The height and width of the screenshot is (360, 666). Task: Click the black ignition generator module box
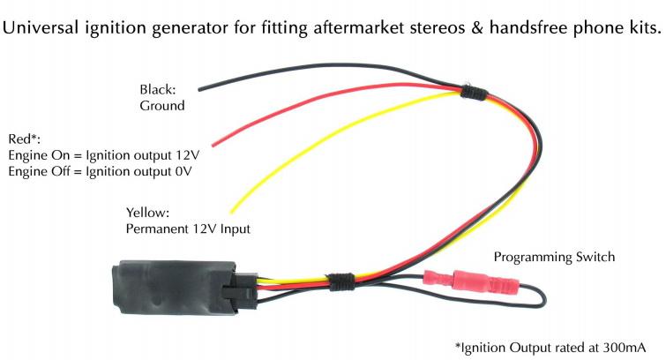point(173,288)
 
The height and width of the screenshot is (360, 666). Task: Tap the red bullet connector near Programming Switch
point(471,281)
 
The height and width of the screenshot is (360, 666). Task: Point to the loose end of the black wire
point(199,89)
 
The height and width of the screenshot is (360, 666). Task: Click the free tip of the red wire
point(213,146)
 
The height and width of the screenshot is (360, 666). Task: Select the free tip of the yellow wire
point(232,211)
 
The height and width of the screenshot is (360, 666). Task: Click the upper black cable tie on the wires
point(473,93)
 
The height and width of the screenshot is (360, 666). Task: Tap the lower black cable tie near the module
point(341,281)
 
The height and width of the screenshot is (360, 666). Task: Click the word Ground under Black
point(162,105)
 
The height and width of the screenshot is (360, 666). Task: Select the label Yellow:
point(147,212)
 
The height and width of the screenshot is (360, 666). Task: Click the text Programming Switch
point(554,257)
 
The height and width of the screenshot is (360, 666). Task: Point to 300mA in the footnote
point(625,348)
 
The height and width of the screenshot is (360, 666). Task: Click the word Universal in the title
point(41,28)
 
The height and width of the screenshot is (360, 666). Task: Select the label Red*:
point(24,139)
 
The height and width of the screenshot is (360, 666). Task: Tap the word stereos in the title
point(438,28)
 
